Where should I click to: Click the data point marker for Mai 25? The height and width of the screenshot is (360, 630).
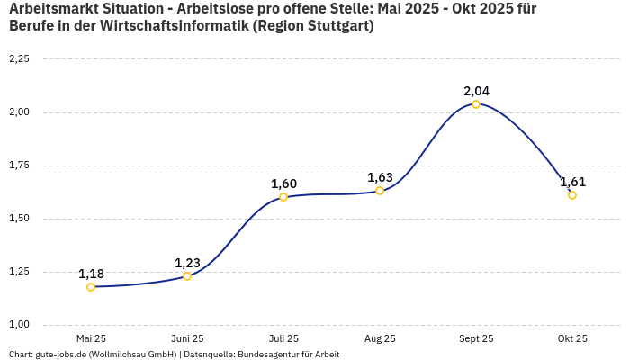click(91, 287)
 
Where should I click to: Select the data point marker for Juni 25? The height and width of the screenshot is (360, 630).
click(187, 276)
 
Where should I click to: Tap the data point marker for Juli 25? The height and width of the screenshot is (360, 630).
click(283, 197)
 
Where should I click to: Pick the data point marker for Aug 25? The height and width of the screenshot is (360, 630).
click(380, 191)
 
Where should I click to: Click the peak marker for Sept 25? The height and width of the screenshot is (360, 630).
click(476, 104)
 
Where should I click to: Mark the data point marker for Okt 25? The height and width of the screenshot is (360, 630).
click(572, 195)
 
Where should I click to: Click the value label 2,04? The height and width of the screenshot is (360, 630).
click(476, 91)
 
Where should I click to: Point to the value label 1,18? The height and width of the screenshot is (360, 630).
click(91, 274)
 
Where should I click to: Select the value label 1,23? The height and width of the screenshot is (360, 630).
click(187, 263)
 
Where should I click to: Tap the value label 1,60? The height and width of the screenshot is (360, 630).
click(283, 184)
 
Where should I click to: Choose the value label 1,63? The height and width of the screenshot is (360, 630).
click(380, 177)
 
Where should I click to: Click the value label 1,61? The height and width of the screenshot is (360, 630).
click(572, 182)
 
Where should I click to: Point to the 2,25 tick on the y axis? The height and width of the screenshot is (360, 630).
click(19, 59)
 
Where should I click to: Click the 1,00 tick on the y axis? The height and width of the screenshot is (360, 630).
click(19, 325)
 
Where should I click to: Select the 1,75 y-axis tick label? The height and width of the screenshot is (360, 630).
click(19, 166)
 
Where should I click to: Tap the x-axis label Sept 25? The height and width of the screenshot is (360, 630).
click(476, 338)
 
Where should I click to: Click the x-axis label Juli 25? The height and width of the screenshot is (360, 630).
click(283, 338)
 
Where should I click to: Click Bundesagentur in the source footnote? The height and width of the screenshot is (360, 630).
click(267, 355)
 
